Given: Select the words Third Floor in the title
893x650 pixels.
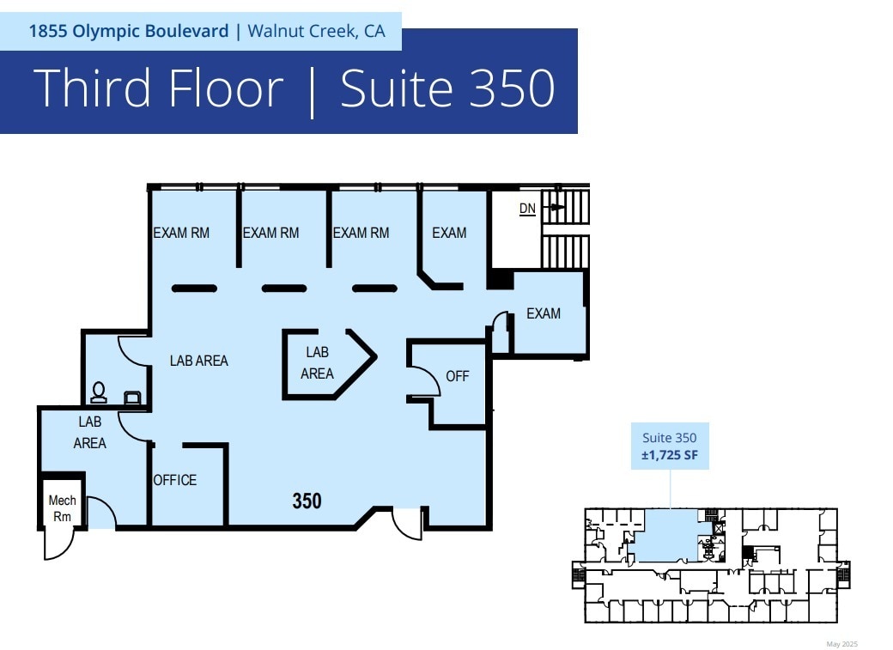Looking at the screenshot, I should [158, 88].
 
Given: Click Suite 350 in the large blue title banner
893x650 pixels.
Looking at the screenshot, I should [447, 88].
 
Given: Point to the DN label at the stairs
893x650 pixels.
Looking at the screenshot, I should [527, 209].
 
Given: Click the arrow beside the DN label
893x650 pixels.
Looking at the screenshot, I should [557, 207].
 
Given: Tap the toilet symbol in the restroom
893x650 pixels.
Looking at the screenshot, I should [99, 392].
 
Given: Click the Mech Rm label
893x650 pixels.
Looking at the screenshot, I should [62, 508].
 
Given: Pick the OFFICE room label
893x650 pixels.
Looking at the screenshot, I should [175, 480].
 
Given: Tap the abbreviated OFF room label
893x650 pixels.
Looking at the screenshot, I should [458, 376].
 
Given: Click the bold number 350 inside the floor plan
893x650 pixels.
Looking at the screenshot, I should [307, 501].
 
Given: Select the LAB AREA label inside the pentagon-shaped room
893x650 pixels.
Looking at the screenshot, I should [317, 363].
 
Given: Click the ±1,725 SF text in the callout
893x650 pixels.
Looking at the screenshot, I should [670, 455].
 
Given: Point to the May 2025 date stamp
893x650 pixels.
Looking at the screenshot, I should [841, 644].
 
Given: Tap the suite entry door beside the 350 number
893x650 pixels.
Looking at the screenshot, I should [407, 524].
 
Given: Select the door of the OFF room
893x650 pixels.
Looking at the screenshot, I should [422, 379].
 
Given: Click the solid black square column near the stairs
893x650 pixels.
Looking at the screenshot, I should [500, 280].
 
